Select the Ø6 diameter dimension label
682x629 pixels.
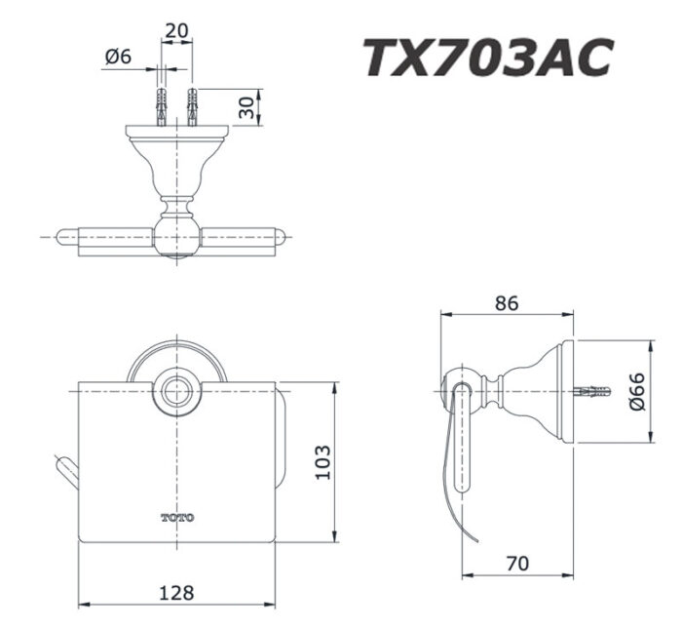tap(117, 57)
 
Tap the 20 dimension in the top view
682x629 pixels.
tap(176, 29)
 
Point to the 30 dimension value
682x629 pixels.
tap(250, 107)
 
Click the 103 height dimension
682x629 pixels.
tap(322, 461)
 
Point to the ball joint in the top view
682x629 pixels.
tap(176, 236)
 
